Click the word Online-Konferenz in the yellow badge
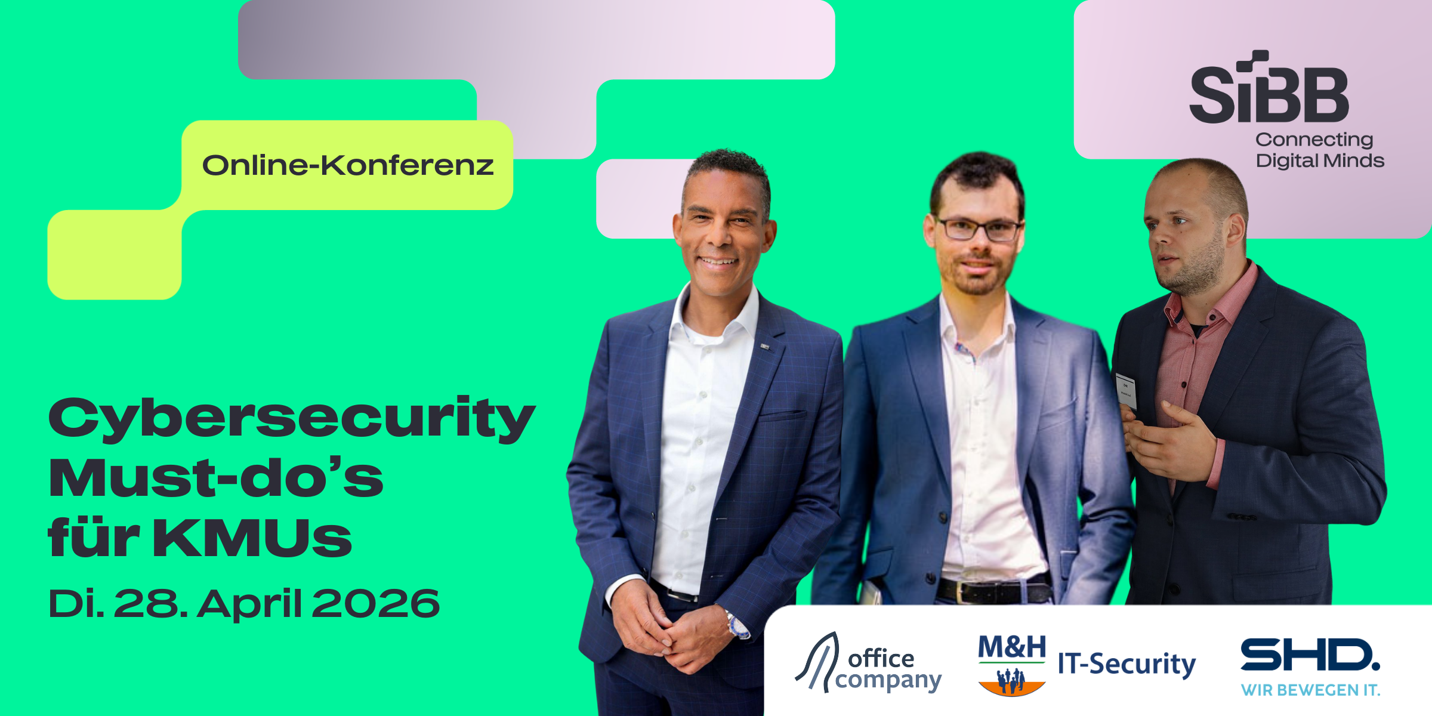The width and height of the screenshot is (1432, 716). tap(348, 165)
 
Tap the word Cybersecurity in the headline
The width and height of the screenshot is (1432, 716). tap(292, 419)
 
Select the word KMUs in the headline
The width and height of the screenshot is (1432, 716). tap(252, 538)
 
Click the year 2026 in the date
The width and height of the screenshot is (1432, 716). tap(375, 603)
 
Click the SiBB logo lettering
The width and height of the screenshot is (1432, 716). tap(1269, 87)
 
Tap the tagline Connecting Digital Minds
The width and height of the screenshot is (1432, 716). tap(1320, 150)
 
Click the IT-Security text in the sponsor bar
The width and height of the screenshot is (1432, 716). tap(1127, 664)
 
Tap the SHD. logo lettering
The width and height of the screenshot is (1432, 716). tap(1310, 655)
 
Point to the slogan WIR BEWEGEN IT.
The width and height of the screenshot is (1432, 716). tap(1311, 690)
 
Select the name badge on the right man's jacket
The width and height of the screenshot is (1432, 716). tap(1126, 391)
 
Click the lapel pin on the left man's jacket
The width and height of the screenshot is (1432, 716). tap(765, 346)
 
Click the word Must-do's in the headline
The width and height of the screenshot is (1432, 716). tap(216, 477)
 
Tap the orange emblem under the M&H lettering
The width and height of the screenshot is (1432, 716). tap(1012, 682)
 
